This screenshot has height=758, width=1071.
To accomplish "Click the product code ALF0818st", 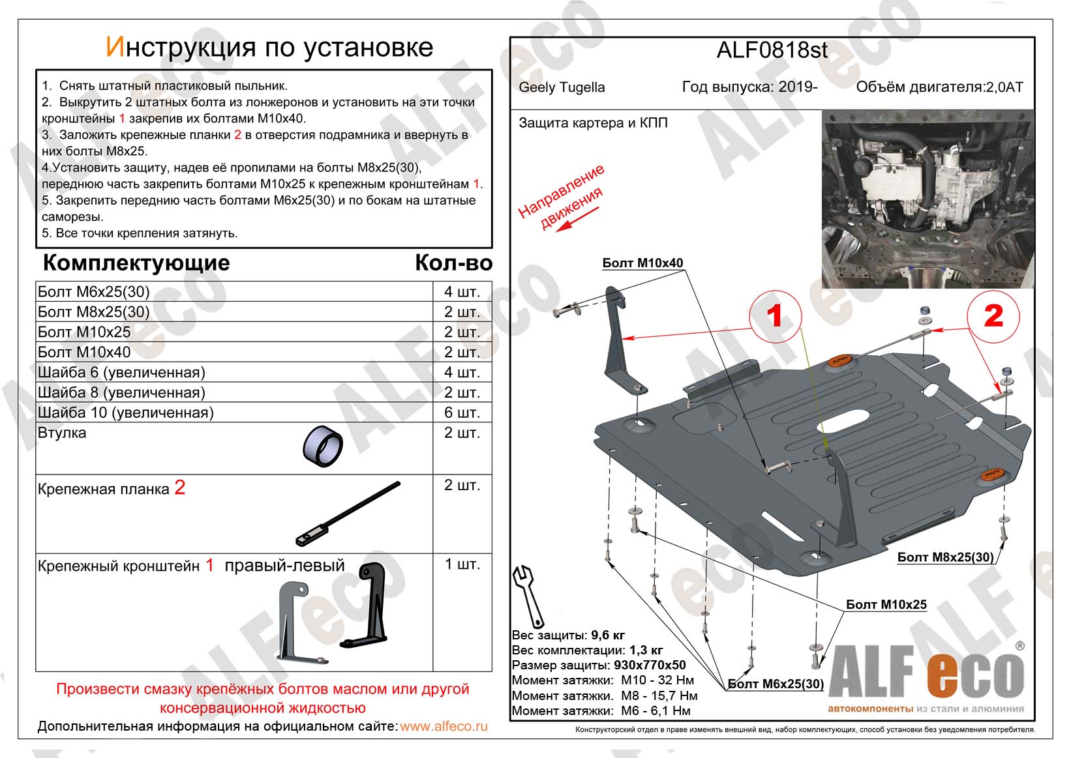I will [x=772, y=50].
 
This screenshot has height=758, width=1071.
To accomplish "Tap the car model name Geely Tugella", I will [x=562, y=87].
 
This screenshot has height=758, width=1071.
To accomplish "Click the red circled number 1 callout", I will [x=774, y=316].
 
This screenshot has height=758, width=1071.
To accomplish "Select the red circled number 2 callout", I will [x=993, y=316].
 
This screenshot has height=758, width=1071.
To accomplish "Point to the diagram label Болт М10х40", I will [x=642, y=263].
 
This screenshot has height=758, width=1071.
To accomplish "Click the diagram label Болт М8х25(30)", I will [x=945, y=557].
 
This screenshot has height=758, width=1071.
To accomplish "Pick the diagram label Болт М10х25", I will [x=886, y=604].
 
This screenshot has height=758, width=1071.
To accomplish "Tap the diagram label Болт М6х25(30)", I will [x=776, y=684].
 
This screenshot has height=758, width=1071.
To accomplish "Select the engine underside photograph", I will [x=928, y=199].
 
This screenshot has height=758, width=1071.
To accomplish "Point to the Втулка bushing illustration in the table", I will [x=323, y=447].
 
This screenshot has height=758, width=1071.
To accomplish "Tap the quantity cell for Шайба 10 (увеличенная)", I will [x=462, y=413].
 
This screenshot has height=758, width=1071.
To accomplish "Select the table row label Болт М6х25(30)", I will [x=93, y=291].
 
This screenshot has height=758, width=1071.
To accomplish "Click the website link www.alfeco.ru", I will [x=444, y=726].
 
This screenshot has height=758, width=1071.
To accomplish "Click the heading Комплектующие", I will [x=136, y=263].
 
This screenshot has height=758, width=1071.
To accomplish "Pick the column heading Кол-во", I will [x=453, y=263].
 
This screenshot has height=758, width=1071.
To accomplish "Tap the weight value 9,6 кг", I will [x=608, y=635].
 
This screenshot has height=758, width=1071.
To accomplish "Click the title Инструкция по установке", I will [x=269, y=47].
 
